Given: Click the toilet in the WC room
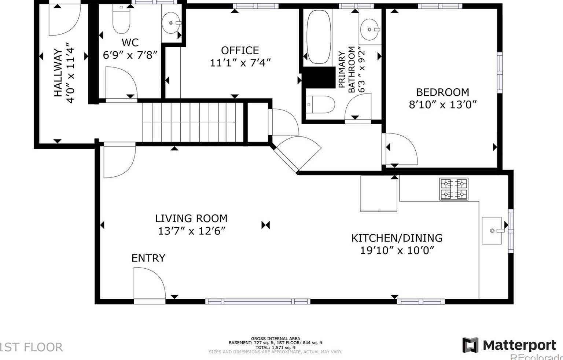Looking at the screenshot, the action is click(121, 19).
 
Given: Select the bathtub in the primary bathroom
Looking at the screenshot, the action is click(319, 37).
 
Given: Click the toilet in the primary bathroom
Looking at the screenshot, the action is click(320, 104).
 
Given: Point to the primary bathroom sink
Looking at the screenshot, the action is click(370, 29).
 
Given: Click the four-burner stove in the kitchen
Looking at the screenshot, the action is click(454, 189).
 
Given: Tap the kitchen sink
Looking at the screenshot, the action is click(492, 231).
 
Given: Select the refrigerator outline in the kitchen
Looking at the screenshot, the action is click(379, 194).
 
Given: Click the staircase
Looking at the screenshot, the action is click(193, 122).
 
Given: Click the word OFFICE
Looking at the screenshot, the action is click(240, 51).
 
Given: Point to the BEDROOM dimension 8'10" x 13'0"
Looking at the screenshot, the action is click(443, 104).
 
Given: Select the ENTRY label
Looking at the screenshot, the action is click(148, 258).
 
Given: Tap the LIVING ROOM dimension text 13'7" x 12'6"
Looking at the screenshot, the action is click(192, 231).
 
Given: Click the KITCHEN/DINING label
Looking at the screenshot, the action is click(397, 238).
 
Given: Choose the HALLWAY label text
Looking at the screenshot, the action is click(58, 73).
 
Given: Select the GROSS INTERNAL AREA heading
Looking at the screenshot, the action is click(276, 339).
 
